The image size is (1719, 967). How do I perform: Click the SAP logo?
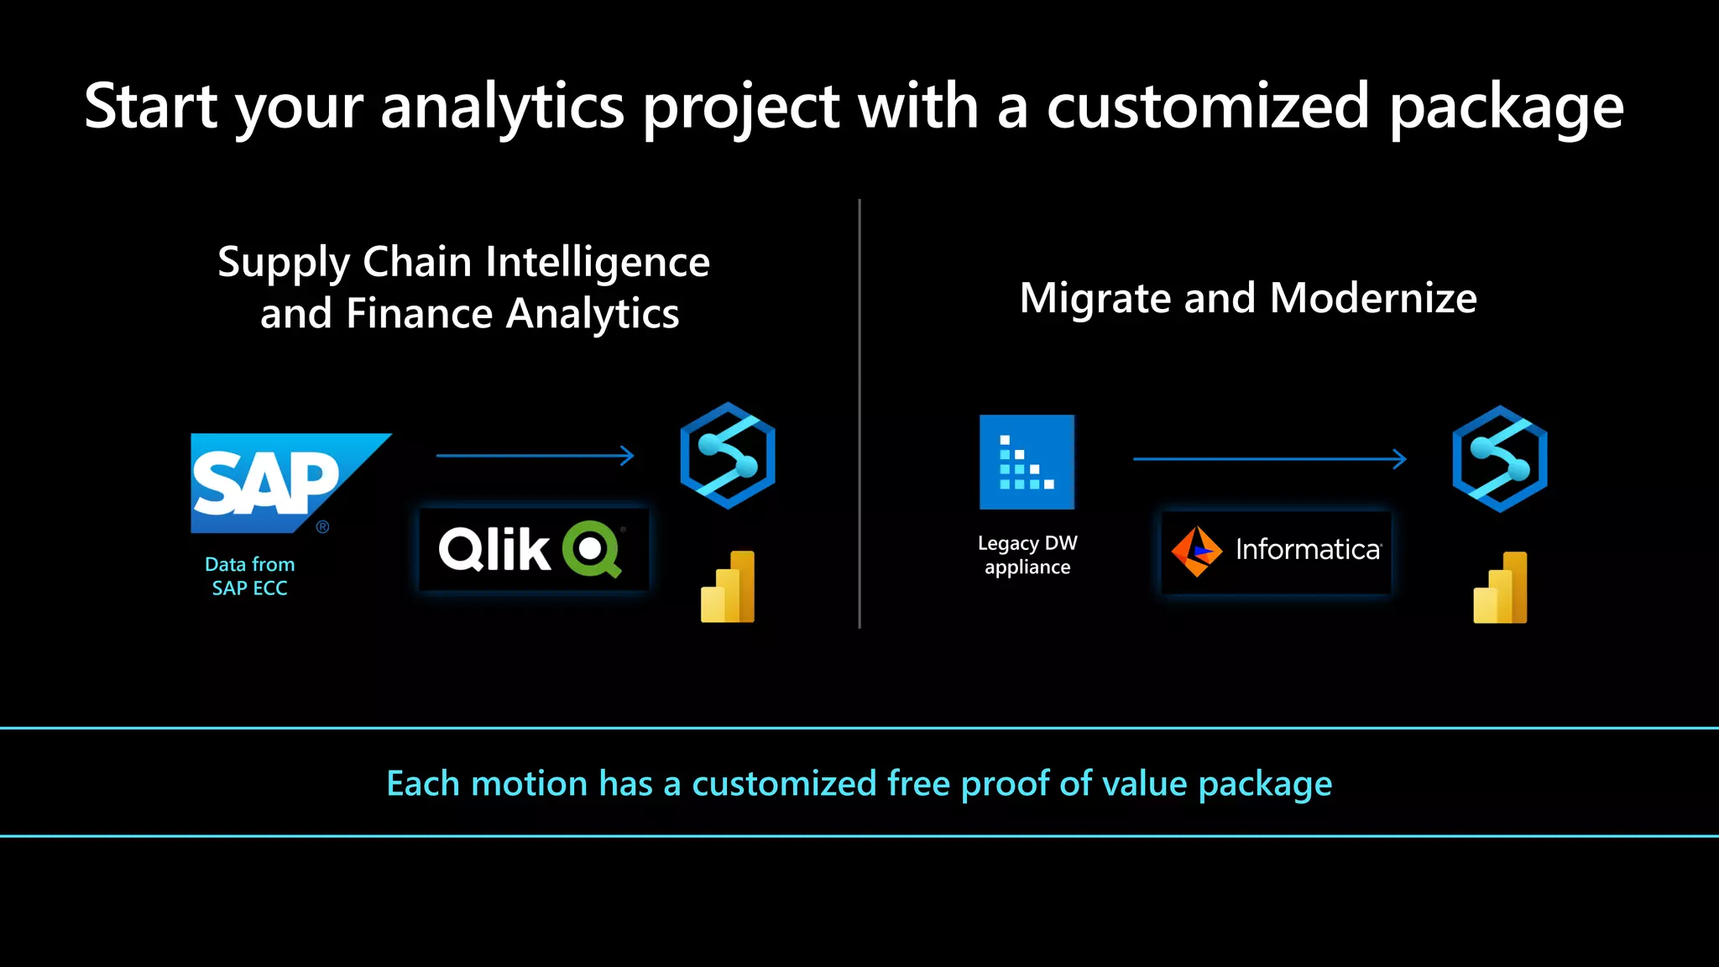point(277,483)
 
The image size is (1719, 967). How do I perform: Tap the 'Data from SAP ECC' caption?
point(249,576)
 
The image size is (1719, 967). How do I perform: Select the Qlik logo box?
point(534,550)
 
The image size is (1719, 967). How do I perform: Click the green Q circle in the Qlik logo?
point(591,548)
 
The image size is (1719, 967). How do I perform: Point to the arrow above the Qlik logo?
point(535,456)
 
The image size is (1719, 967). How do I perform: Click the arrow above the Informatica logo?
point(1269,459)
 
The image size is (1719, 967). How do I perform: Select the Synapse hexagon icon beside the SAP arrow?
point(727,456)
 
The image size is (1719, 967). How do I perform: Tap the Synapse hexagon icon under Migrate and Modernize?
point(1499,459)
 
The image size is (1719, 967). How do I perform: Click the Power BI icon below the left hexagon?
point(728,587)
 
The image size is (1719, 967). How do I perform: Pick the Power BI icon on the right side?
point(1500,588)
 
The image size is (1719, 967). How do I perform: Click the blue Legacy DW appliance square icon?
point(1027,462)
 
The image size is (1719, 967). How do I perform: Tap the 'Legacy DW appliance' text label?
point(1027,555)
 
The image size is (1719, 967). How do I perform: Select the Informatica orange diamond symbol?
point(1196,551)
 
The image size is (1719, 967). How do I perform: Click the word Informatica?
point(1307,550)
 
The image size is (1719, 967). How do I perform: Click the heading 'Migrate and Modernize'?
point(1248,298)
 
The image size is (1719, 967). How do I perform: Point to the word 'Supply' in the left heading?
point(283,263)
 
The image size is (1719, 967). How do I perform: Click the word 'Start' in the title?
point(151,107)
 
